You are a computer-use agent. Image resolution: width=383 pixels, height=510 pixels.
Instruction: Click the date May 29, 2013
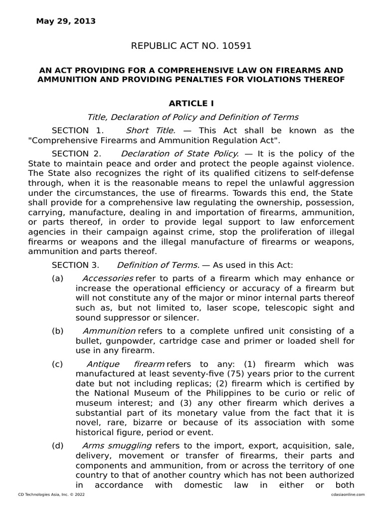pos(66,21)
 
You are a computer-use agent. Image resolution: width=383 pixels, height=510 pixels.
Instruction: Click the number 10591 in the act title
pos(234,46)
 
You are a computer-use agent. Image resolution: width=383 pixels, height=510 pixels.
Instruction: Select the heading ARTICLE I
pos(191,104)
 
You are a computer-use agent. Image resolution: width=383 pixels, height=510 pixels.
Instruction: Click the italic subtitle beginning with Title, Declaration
pos(192,117)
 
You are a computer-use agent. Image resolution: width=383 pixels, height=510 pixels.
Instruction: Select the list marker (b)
pos(58,331)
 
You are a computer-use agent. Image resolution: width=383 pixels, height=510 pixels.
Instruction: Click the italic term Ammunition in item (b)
pos(109,331)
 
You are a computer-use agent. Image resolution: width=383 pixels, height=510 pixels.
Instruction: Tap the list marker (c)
pos(58,364)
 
